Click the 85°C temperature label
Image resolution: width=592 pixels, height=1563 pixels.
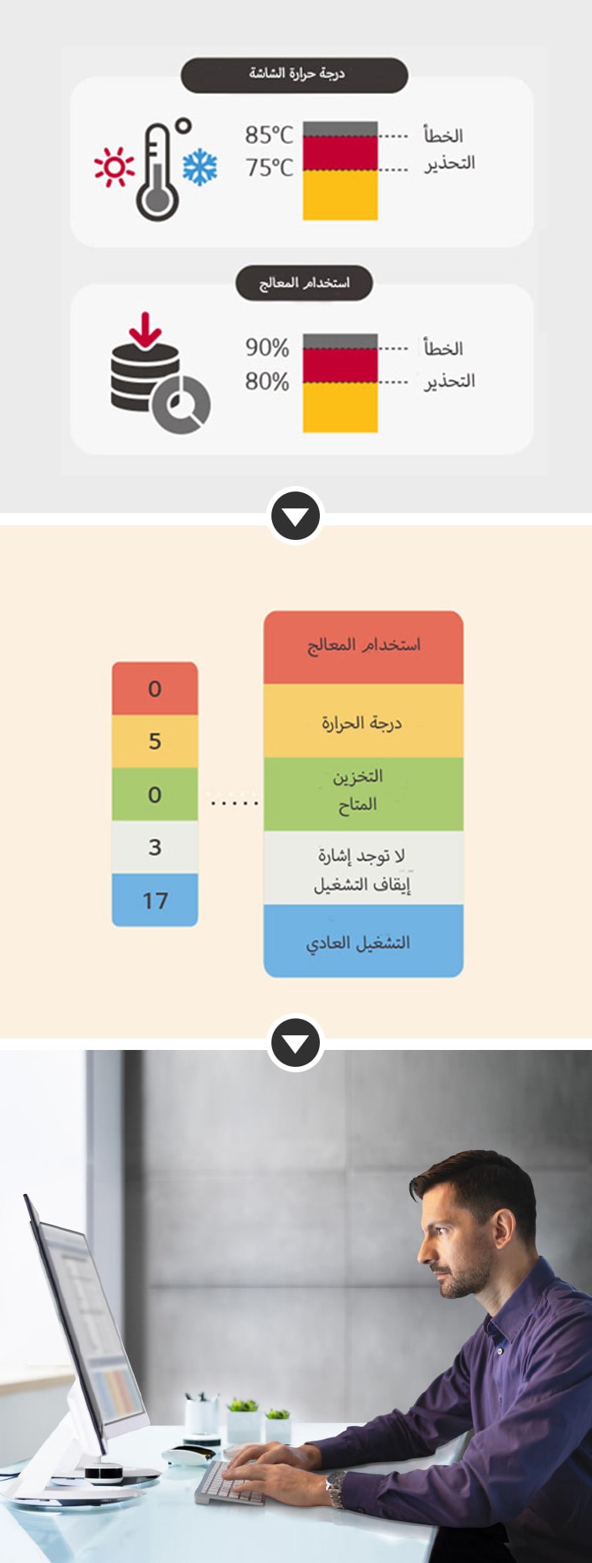(x=269, y=135)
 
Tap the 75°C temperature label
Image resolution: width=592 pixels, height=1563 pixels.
(x=269, y=167)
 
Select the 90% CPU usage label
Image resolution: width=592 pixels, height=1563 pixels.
(x=267, y=347)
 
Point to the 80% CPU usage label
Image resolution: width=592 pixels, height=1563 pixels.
(x=267, y=381)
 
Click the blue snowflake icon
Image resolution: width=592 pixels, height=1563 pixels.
(x=200, y=167)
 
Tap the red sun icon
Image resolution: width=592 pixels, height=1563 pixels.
(x=113, y=167)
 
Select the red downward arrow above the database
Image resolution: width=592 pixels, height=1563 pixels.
(x=145, y=329)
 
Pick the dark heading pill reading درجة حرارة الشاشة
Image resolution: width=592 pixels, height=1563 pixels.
(x=294, y=74)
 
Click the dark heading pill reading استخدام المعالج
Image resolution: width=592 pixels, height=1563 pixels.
(x=304, y=283)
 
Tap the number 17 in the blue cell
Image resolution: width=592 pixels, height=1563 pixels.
(x=155, y=900)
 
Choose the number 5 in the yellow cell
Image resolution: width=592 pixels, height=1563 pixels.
(x=155, y=741)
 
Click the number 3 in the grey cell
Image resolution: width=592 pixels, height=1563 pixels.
(x=155, y=847)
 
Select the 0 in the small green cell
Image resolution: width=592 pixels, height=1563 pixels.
(x=155, y=794)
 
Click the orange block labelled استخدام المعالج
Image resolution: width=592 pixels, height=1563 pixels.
(x=363, y=646)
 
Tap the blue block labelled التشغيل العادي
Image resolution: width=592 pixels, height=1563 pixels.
(x=363, y=941)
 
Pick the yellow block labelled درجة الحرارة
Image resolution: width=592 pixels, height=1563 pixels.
(x=363, y=723)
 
